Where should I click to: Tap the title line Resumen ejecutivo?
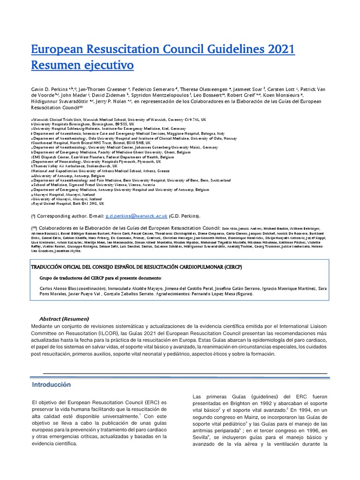tap(82, 65)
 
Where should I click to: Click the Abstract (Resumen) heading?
tap(64, 319)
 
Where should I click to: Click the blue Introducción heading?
tap(51, 385)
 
